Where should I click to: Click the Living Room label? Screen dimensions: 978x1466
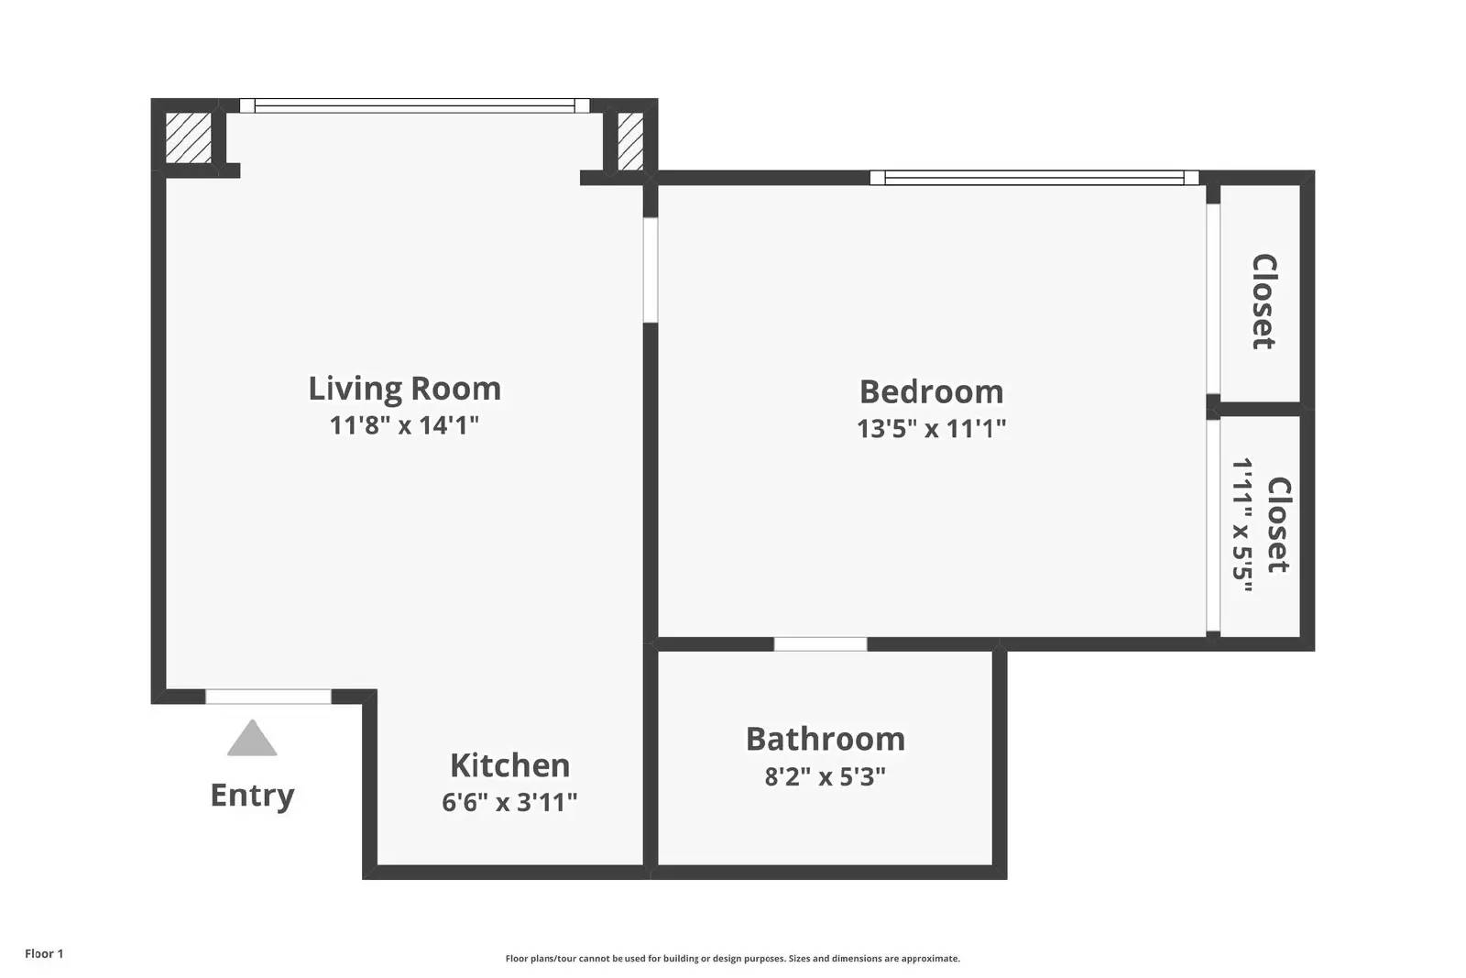point(404,389)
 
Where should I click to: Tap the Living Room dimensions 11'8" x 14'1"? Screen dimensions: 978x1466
point(404,425)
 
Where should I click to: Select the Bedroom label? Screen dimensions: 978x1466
point(931,392)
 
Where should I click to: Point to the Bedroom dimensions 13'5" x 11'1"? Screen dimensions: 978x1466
point(931,428)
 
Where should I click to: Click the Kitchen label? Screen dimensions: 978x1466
point(509,765)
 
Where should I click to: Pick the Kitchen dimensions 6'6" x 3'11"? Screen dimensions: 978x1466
point(509,802)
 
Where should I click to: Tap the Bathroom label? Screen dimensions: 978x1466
point(825,739)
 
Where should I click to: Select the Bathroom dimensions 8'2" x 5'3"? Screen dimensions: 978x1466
point(825,777)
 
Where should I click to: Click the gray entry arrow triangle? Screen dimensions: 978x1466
point(252,739)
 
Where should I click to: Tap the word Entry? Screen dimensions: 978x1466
point(252,795)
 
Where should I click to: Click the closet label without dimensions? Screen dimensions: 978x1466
point(1264,302)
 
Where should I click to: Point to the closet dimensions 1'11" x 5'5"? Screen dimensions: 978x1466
point(1242,525)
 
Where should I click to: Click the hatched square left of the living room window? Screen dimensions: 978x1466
point(188,137)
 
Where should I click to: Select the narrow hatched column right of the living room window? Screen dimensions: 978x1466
point(630,140)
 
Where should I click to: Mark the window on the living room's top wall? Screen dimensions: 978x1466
point(414,105)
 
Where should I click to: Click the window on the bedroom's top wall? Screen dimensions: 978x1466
point(1034,178)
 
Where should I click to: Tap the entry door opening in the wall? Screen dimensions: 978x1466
point(268,697)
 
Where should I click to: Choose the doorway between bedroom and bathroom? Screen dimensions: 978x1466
point(820,643)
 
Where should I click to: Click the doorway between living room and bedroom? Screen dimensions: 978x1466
point(651,269)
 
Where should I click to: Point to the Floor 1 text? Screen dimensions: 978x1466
point(44,954)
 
